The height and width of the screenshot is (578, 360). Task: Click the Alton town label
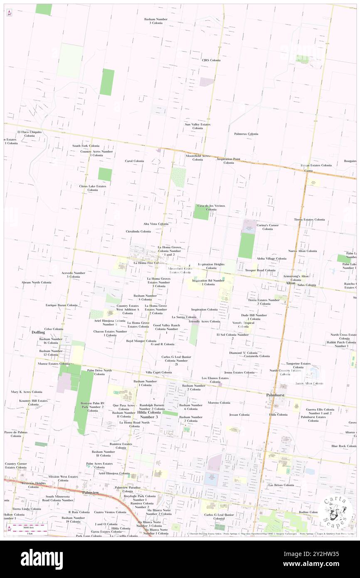[290, 283]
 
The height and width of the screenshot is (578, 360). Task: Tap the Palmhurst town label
[275, 395]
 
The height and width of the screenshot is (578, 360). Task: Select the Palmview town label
[91, 492]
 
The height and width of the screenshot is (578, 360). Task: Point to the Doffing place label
[38, 333]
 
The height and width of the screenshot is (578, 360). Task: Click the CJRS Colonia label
[211, 60]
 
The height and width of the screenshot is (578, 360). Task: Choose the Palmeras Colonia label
[246, 134]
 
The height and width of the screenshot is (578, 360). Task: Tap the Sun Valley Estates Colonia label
[198, 126]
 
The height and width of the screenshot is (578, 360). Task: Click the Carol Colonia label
[134, 161]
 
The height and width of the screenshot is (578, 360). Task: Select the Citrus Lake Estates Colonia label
[93, 188]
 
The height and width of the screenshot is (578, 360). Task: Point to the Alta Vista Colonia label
[156, 224]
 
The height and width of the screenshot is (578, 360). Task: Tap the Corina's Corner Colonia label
[268, 227]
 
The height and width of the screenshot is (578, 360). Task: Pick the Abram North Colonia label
[37, 282]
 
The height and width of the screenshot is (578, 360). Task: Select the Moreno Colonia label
[219, 403]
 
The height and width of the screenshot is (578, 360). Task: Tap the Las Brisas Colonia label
[281, 485]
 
